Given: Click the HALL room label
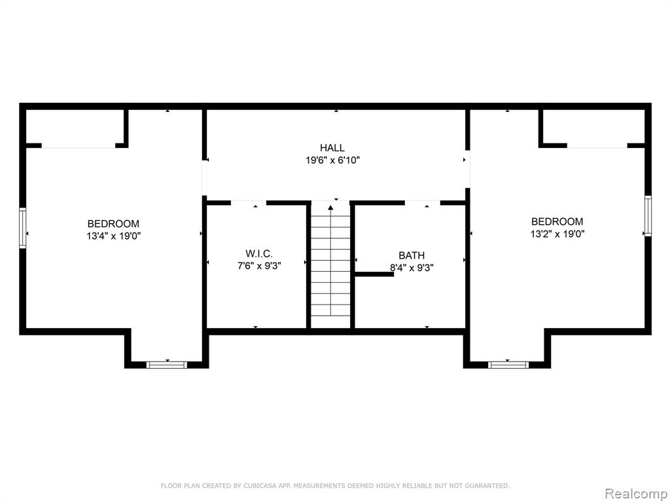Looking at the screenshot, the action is [332, 148].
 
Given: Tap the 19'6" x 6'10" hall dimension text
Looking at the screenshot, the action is [332, 160].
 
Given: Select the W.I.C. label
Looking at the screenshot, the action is [259, 253].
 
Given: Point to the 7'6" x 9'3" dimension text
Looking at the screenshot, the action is [259, 266].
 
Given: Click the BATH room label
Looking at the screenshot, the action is [412, 255].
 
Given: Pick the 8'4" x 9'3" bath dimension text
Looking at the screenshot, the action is [412, 268].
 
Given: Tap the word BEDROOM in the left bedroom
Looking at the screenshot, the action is [113, 224].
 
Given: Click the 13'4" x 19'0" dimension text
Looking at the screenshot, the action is [114, 236].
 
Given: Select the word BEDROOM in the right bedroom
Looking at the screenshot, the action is [557, 221].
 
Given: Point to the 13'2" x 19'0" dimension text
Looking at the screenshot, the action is [557, 234].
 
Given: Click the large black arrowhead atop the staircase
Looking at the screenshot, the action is [330, 208].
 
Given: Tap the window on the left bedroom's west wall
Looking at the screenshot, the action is [23, 227].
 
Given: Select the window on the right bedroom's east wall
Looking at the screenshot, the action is [648, 216].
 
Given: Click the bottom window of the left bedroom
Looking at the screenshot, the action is [167, 365].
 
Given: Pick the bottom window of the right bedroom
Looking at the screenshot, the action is [508, 365].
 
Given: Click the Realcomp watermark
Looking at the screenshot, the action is [636, 494].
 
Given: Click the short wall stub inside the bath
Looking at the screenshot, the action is [374, 274].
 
